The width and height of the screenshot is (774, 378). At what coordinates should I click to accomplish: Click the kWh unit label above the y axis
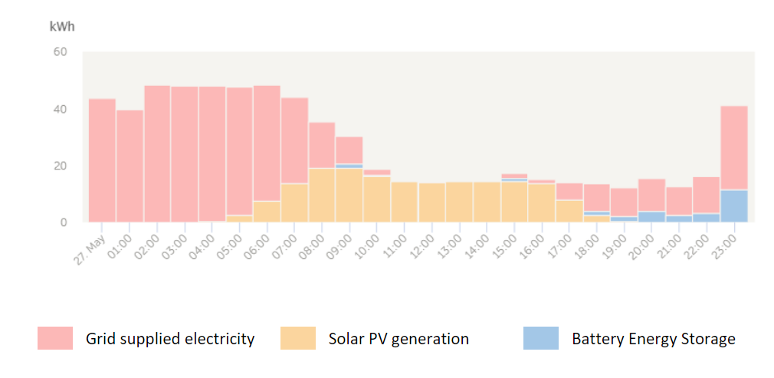pos(62,27)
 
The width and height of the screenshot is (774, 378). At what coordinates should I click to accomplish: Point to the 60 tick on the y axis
pos(60,52)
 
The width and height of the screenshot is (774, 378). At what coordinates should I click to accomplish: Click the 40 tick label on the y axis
pos(60,109)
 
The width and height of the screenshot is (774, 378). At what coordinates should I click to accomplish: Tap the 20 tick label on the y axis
pos(60,166)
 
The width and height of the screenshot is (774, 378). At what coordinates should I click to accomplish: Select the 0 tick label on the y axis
pos(64,222)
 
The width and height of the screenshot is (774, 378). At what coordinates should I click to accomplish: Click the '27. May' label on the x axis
pos(90,243)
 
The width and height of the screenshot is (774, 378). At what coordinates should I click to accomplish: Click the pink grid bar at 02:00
pos(157,153)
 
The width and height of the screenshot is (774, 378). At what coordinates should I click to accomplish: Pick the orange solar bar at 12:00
pos(431,202)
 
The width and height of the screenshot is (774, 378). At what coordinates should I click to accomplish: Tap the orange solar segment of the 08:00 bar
pos(322,195)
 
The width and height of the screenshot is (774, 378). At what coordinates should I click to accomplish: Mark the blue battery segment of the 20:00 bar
pos(651,216)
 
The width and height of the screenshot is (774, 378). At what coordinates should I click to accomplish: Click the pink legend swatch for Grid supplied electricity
pos(55,338)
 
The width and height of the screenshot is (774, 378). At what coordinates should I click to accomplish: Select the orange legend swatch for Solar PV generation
pos(298,338)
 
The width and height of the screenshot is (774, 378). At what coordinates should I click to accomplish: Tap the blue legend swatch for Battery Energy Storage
pos(541,338)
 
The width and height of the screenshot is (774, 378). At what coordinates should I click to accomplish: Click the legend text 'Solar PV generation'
pos(398,338)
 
